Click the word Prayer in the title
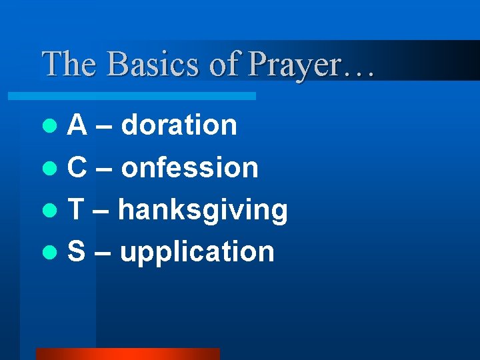pyautogui.click(x=293, y=65)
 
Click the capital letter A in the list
pyautogui.click(x=77, y=125)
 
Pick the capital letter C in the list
pyautogui.click(x=77, y=167)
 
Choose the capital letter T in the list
pyautogui.click(x=76, y=210)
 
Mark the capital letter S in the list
pyautogui.click(x=77, y=252)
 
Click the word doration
pyautogui.click(x=180, y=125)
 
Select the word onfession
pyautogui.click(x=190, y=167)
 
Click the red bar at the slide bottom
pyautogui.click(x=127, y=354)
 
